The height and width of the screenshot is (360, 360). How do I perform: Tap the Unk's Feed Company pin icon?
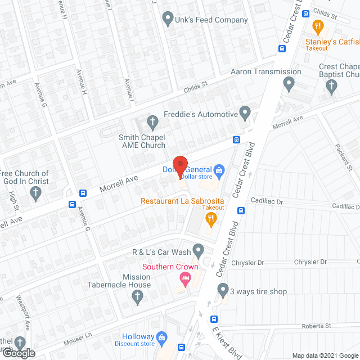pos(167,20)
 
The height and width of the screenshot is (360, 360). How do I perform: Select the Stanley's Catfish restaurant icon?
pos(318,26)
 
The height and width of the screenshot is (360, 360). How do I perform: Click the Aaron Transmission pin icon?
pos(289,84)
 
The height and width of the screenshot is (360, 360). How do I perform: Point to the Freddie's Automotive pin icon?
pos(245,113)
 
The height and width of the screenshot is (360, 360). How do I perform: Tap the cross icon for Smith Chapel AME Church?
pos(152,121)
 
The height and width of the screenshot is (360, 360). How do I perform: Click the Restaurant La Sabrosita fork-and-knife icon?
pos(211,219)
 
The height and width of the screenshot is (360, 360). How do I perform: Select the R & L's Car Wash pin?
pos(198,249)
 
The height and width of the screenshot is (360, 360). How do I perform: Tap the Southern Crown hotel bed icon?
pos(184,278)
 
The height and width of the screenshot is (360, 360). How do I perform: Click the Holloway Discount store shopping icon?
pos(162,337)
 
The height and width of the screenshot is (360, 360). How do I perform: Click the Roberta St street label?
pos(316,326)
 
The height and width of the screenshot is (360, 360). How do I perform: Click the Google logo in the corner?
pos(17,353)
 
